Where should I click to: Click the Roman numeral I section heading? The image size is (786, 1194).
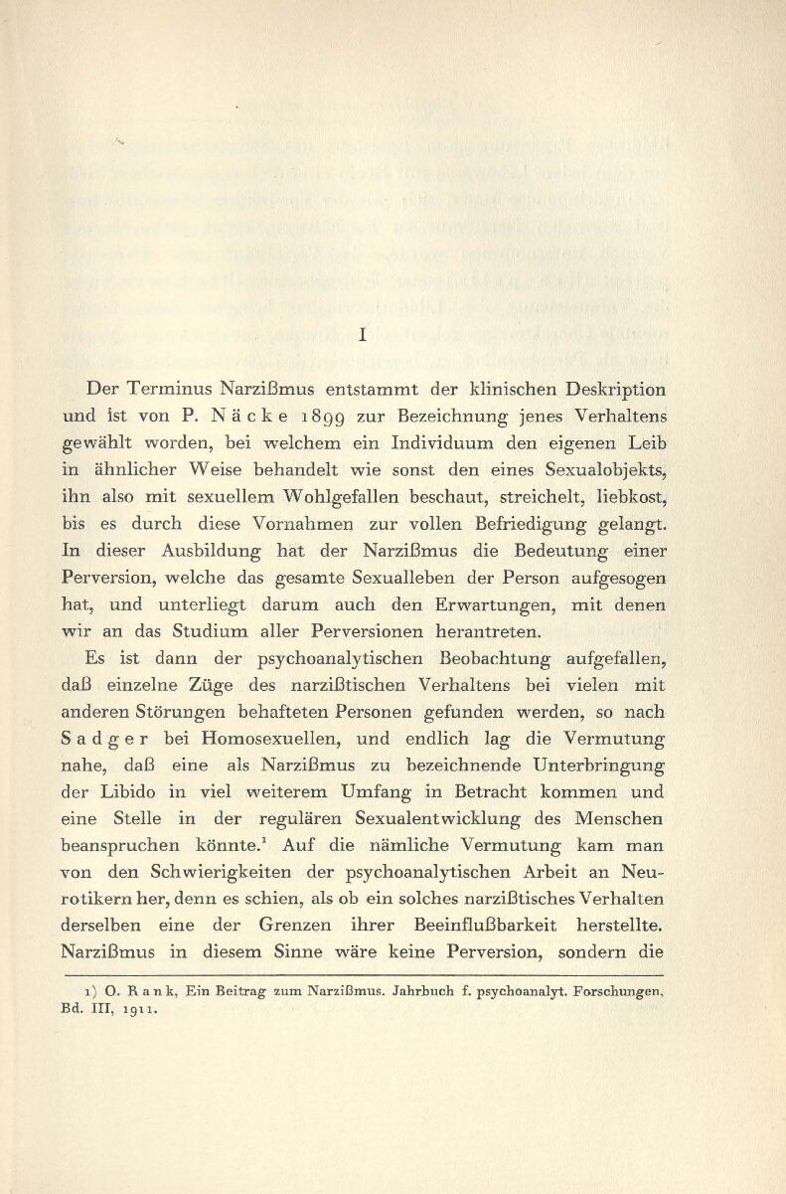[x=365, y=337]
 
